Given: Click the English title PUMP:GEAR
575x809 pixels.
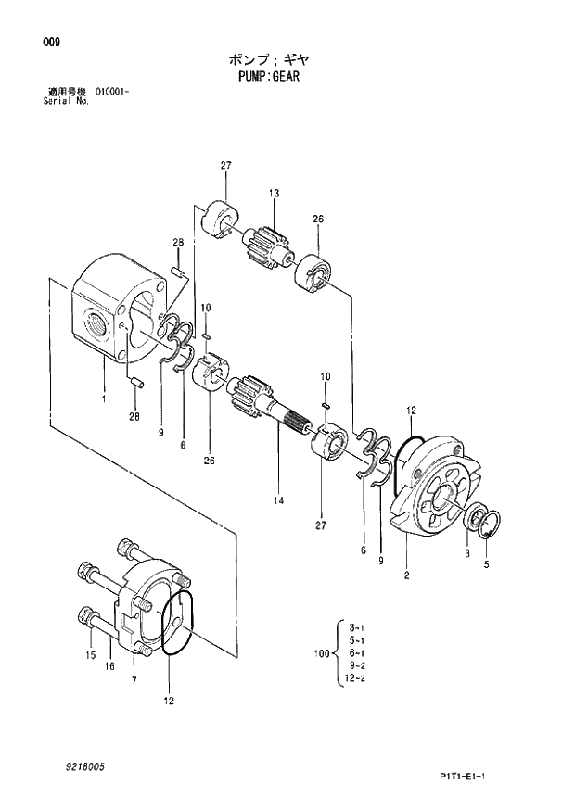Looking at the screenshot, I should (267, 77).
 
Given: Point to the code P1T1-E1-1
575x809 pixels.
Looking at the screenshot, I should (484, 777).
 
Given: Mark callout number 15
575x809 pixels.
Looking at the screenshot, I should (91, 656).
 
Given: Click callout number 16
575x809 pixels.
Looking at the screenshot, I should (109, 666).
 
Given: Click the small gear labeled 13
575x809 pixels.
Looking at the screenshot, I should (267, 246).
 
